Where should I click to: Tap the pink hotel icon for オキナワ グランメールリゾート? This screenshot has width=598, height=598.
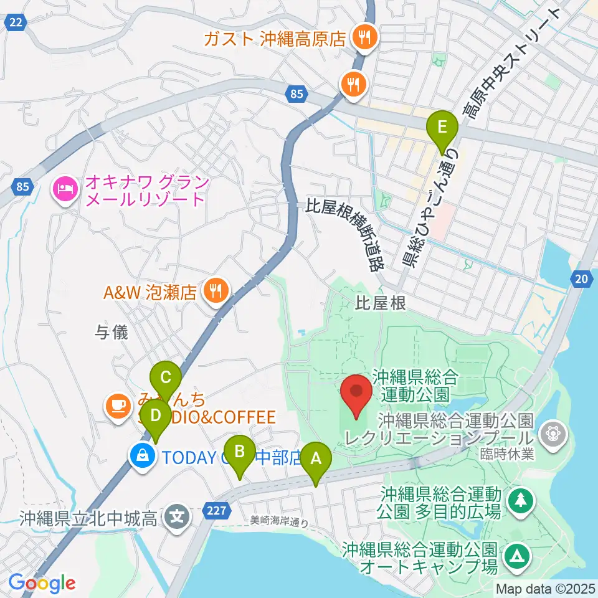(65, 187)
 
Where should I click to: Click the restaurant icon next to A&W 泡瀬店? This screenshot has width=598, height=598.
(216, 289)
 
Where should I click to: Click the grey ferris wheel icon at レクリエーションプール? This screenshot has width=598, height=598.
(552, 430)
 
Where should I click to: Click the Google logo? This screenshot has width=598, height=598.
(42, 583)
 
